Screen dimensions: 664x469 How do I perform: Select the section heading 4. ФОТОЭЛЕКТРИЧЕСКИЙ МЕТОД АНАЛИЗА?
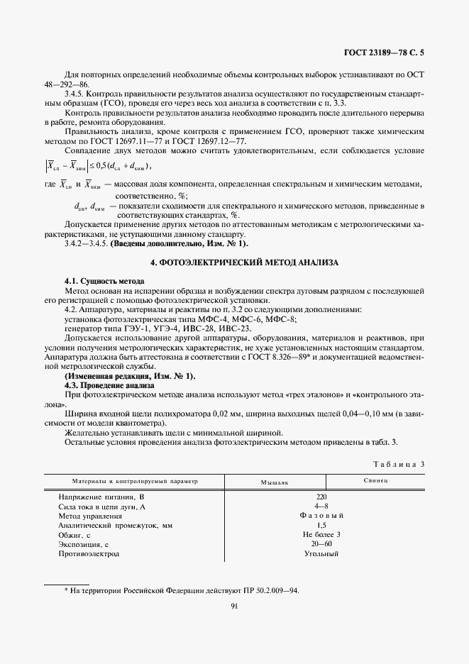(245, 262)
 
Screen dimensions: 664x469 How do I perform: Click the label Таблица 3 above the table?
(398, 464)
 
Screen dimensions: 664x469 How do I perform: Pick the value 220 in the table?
(321, 498)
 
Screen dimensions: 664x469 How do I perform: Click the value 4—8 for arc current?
(321, 507)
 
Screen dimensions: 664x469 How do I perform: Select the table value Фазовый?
(321, 516)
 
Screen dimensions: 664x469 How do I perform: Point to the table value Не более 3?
(321, 535)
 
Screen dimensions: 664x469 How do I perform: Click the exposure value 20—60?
(321, 544)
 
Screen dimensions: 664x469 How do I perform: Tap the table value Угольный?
(321, 553)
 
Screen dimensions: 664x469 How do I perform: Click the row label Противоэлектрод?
(89, 553)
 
